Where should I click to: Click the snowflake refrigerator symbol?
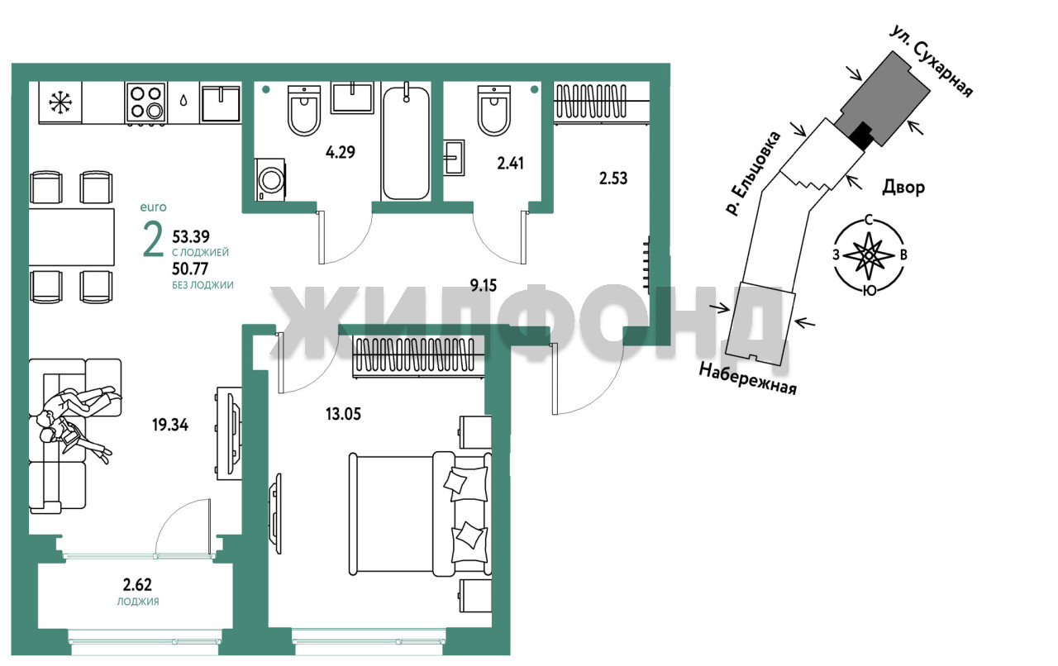pyautogui.click(x=61, y=102)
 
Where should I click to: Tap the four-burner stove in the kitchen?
pyautogui.click(x=146, y=102)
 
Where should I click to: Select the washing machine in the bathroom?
pyautogui.click(x=270, y=179)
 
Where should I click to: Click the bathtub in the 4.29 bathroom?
pyautogui.click(x=406, y=141)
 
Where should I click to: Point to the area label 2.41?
pyautogui.click(x=510, y=164)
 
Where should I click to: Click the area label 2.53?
pyautogui.click(x=613, y=178)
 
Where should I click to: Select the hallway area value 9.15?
pyautogui.click(x=484, y=285)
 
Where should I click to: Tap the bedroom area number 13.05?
pyautogui.click(x=343, y=414)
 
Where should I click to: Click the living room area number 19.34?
pyautogui.click(x=170, y=425)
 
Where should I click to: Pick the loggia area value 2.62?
pyautogui.click(x=137, y=585)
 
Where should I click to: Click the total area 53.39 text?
pyautogui.click(x=191, y=235)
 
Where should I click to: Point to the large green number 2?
pyautogui.click(x=153, y=240)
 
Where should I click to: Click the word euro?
pyautogui.click(x=154, y=207)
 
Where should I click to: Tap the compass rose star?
pyautogui.click(x=869, y=255)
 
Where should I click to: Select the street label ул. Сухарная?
pyautogui.click(x=931, y=61)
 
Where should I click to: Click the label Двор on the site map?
pyautogui.click(x=903, y=188)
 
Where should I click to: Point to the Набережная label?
pyautogui.click(x=748, y=378)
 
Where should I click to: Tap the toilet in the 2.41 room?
pyautogui.click(x=494, y=110)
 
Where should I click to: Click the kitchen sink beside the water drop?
pyautogui.click(x=221, y=102)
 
